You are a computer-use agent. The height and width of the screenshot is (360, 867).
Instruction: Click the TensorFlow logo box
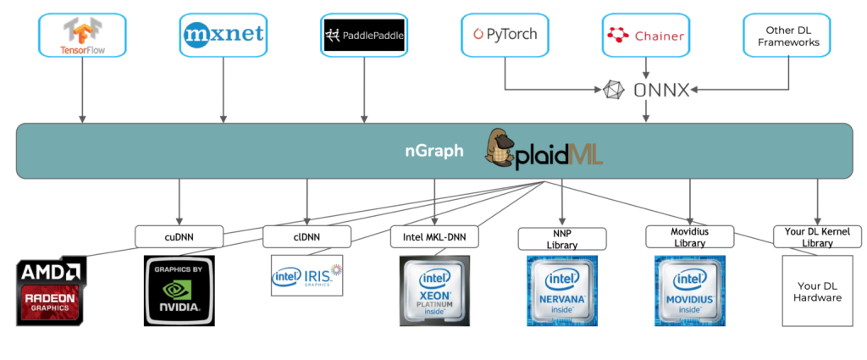(x=82, y=35)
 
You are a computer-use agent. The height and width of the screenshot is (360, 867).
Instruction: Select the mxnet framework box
(x=224, y=35)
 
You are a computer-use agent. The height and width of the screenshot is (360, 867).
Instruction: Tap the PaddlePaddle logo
(x=364, y=36)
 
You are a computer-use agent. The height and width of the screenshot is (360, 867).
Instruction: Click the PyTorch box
(x=505, y=36)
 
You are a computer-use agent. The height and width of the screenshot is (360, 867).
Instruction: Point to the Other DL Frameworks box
(x=787, y=36)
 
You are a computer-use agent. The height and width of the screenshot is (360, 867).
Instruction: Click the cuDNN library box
(x=179, y=236)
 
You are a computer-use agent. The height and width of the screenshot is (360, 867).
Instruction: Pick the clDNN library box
(x=306, y=236)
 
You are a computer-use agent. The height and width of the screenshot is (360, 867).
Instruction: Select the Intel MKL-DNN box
(x=434, y=236)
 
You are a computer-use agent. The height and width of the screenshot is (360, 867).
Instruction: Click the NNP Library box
(x=562, y=239)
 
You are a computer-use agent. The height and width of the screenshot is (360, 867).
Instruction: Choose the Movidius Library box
(x=689, y=236)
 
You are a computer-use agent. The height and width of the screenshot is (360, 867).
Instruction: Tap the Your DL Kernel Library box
(x=817, y=236)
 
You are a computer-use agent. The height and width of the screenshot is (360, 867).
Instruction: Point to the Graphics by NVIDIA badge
(x=179, y=291)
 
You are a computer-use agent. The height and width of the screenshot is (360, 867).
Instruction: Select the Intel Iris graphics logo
(x=306, y=275)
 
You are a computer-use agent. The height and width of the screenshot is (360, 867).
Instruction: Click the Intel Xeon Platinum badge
(x=434, y=291)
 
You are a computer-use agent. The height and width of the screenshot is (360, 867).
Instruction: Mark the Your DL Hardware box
(x=816, y=291)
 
